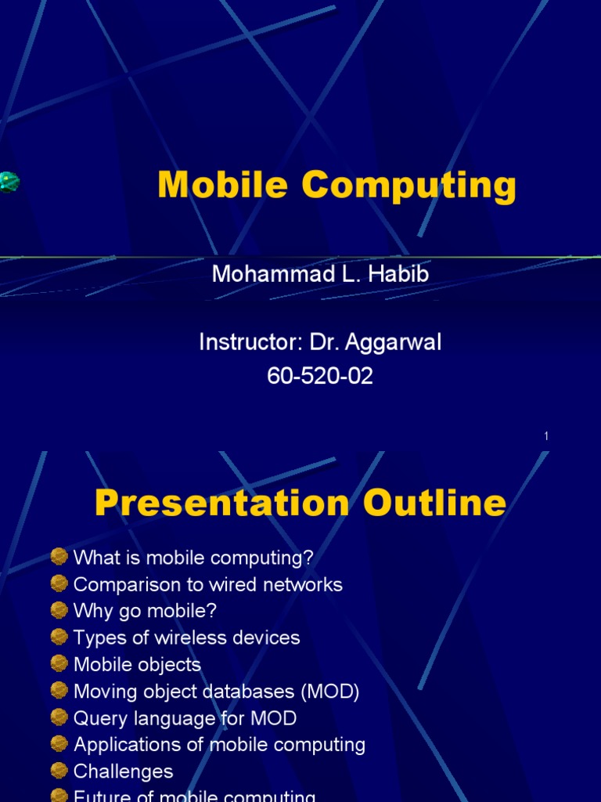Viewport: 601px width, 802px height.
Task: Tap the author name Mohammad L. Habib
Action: (x=320, y=275)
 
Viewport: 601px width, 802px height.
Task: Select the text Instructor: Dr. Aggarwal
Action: (x=320, y=342)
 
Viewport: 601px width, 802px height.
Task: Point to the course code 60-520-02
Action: (x=320, y=377)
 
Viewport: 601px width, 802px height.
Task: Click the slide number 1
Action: (x=546, y=436)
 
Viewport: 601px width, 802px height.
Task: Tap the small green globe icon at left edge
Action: (x=8, y=182)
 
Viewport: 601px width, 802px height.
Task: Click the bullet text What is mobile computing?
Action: (x=193, y=558)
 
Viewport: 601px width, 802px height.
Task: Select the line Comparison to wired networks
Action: (x=207, y=584)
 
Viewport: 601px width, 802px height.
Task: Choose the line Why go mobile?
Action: (x=145, y=611)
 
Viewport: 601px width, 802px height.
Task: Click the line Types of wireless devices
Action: (x=186, y=638)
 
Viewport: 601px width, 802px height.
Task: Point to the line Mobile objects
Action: (x=137, y=664)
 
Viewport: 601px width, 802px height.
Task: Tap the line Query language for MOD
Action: (x=185, y=718)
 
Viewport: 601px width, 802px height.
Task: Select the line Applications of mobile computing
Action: (x=219, y=745)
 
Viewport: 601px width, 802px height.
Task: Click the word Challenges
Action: (x=123, y=771)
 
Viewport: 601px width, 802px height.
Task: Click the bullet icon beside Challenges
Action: (x=59, y=771)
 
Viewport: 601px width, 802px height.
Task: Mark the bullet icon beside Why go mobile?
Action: (x=59, y=610)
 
